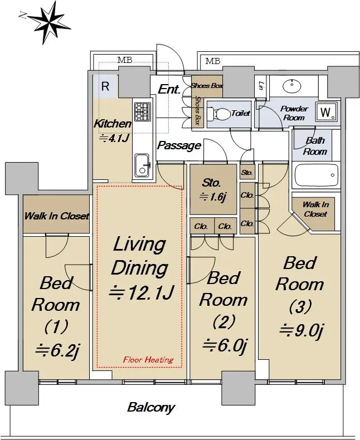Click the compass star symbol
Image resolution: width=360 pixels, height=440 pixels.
pyautogui.click(x=49, y=22)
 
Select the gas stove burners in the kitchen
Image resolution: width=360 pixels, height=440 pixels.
pyautogui.click(x=143, y=111)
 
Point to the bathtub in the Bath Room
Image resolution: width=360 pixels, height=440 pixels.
pyautogui.click(x=317, y=175)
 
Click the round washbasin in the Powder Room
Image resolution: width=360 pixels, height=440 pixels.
pyautogui.click(x=292, y=86)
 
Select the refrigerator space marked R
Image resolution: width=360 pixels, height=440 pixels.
pyautogui.click(x=105, y=86)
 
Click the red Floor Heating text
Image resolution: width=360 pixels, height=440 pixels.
pyautogui.click(x=148, y=360)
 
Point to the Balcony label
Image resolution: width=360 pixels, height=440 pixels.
pyautogui.click(x=151, y=408)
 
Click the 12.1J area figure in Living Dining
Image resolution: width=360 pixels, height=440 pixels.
pyautogui.click(x=142, y=292)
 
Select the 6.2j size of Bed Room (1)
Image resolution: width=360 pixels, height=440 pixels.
pyautogui.click(x=57, y=350)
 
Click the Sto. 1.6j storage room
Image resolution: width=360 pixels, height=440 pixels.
pyautogui.click(x=213, y=190)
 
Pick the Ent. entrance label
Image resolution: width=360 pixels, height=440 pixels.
pyautogui.click(x=169, y=90)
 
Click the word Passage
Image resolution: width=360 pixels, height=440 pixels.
pyautogui.click(x=179, y=145)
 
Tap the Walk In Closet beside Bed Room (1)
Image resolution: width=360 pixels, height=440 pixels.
pyautogui.click(x=56, y=214)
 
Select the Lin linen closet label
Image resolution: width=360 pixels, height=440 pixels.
pyautogui.click(x=261, y=86)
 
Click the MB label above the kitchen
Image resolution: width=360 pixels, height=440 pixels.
pyautogui.click(x=125, y=60)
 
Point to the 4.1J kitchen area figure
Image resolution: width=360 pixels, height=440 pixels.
pyautogui.click(x=115, y=138)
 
